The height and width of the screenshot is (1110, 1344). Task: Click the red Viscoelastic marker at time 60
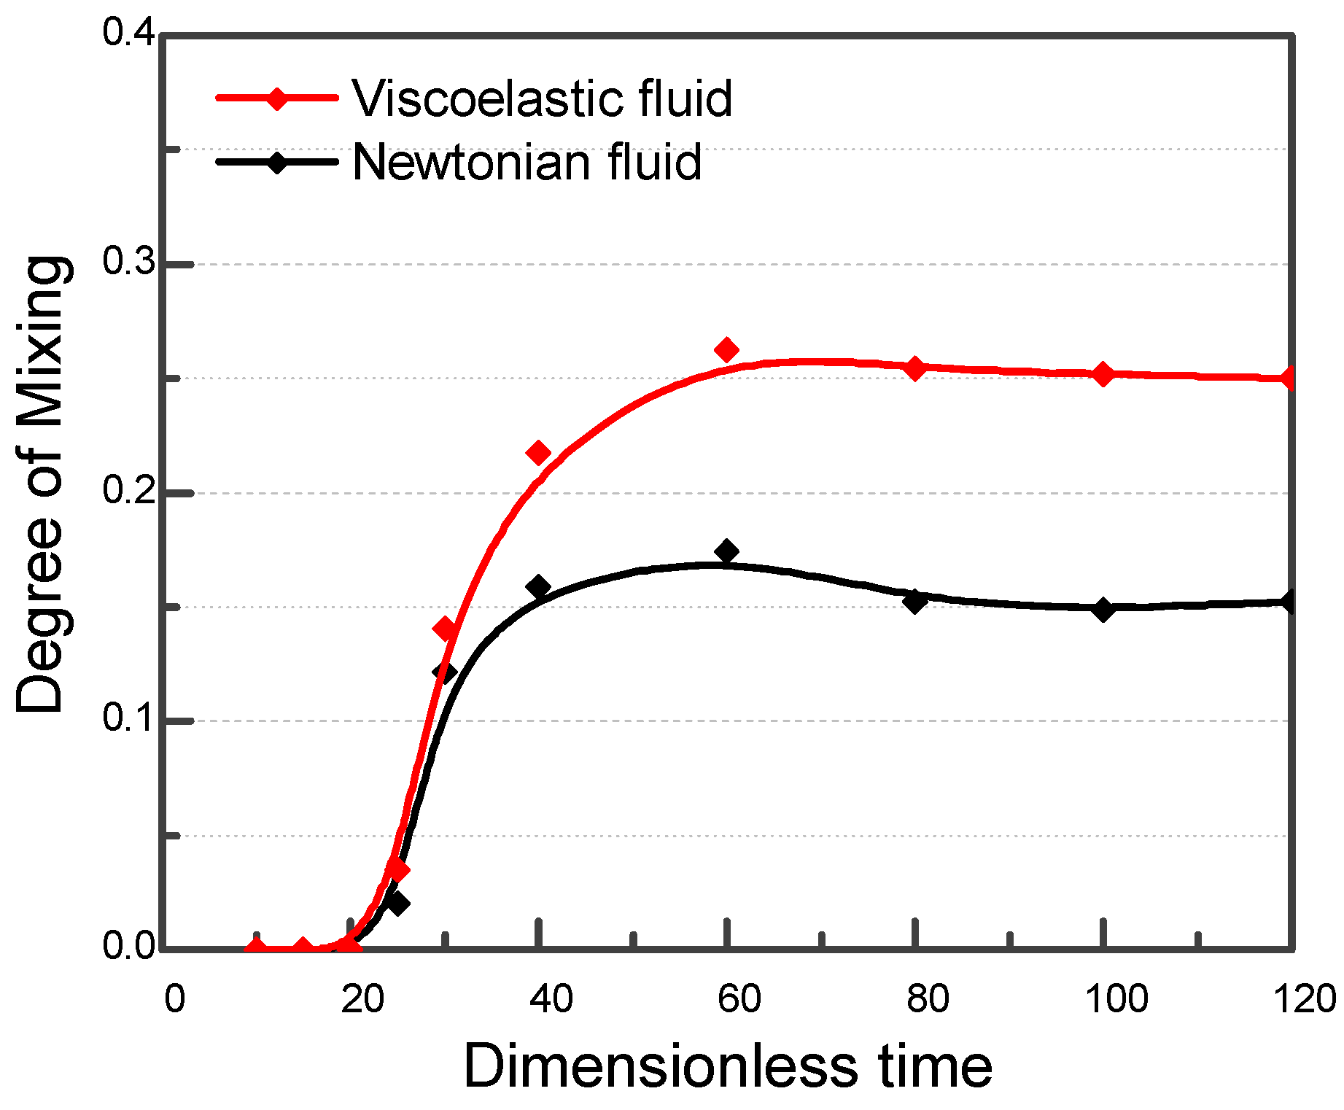726,351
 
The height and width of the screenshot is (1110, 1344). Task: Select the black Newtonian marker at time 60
726,551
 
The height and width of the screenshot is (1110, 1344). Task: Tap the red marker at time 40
538,454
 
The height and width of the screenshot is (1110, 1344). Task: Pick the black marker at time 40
538,587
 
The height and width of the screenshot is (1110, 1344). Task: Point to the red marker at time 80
915,368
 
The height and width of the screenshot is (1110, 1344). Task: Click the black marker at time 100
1103,610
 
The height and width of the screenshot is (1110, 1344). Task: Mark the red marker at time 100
1103,375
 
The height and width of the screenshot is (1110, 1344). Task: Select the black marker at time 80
915,602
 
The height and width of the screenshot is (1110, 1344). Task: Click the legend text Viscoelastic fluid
542,98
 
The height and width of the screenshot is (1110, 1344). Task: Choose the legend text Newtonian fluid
527,162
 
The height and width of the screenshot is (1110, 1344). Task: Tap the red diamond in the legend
277,98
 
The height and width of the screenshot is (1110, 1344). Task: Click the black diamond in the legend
277,162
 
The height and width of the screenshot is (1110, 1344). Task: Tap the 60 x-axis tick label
739,998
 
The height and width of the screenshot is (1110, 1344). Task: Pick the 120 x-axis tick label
1305,998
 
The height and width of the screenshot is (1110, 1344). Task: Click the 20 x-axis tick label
362,998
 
